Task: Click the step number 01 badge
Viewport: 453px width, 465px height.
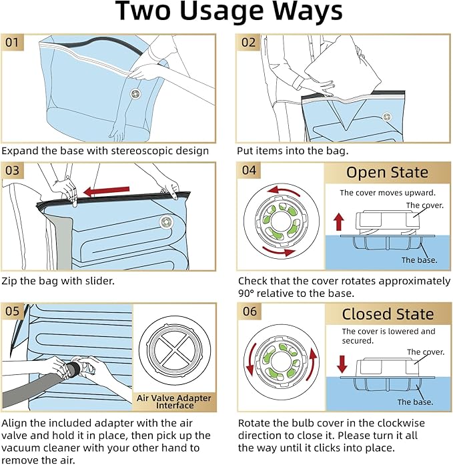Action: click(13, 43)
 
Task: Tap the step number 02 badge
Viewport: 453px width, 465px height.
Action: click(248, 43)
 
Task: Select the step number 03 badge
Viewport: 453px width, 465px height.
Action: click(13, 171)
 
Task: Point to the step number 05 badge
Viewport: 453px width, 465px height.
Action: click(13, 312)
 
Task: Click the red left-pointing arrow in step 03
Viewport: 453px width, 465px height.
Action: click(107, 191)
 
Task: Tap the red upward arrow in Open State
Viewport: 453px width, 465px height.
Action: click(339, 222)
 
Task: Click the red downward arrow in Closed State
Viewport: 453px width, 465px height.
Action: click(342, 364)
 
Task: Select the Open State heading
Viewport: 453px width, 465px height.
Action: click(387, 172)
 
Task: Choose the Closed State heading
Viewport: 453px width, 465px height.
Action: click(388, 314)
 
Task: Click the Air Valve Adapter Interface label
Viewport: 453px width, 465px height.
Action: click(174, 402)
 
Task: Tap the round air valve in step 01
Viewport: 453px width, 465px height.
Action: click(135, 94)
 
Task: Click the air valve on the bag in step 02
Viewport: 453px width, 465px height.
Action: click(386, 117)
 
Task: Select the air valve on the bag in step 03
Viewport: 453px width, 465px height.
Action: click(166, 221)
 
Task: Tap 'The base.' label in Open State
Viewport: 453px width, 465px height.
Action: click(419, 260)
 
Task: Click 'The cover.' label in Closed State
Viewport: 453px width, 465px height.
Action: click(426, 352)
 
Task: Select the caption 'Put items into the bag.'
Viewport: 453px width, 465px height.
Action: click(293, 151)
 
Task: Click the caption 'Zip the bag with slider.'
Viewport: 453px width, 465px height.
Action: click(58, 281)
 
